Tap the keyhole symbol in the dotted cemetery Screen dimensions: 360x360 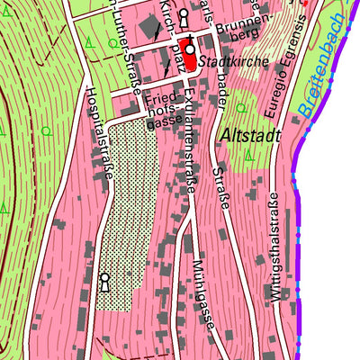(x=105, y=282)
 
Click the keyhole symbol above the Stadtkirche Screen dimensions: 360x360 (x=184, y=16)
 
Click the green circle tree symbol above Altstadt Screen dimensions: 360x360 (x=240, y=108)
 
